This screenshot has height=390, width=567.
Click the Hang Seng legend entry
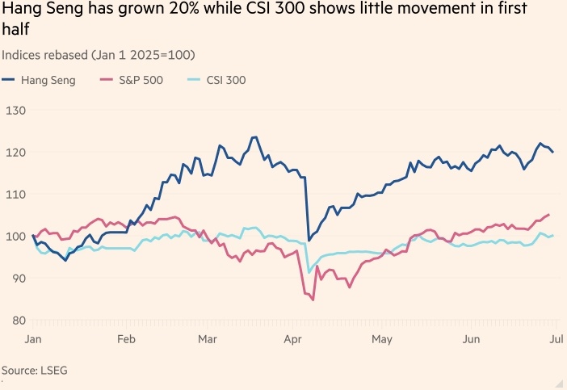tap(46, 80)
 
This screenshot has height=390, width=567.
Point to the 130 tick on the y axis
tap(15, 111)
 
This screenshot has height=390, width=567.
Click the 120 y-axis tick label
tap(15, 153)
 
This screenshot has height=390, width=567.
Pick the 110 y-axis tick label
tap(15, 195)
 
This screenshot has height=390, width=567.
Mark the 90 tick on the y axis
tap(15, 279)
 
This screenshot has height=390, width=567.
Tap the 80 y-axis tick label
tap(15, 321)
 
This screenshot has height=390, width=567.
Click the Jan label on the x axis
tap(34, 340)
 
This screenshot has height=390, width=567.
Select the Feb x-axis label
tap(125, 340)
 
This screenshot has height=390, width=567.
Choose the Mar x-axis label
tap(208, 340)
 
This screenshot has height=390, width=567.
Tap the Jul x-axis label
tap(556, 340)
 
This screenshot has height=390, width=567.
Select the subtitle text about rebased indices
tap(99, 54)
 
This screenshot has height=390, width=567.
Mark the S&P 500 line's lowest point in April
tap(313, 300)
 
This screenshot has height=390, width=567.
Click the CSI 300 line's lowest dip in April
tap(309, 273)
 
